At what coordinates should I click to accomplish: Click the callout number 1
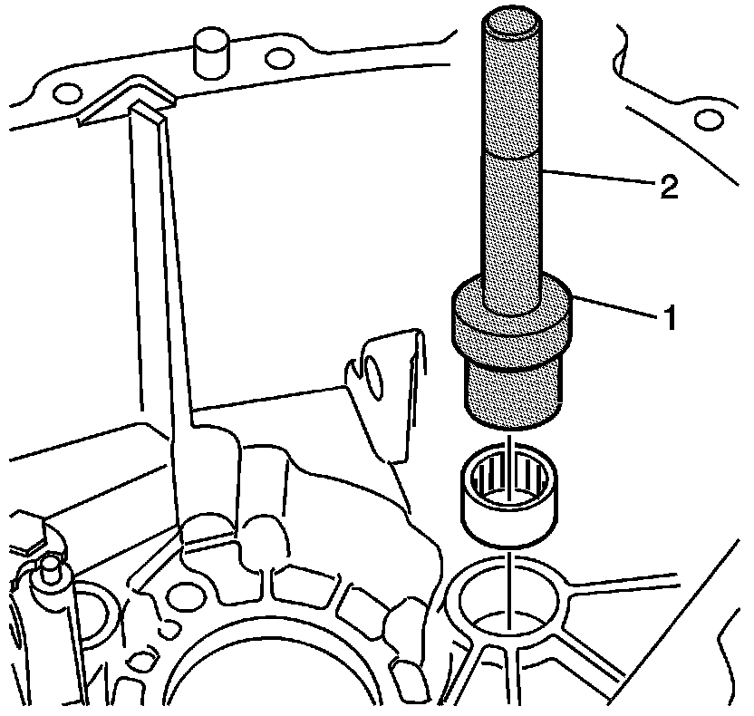coord(670,319)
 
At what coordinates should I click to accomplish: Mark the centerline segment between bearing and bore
coord(512,566)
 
